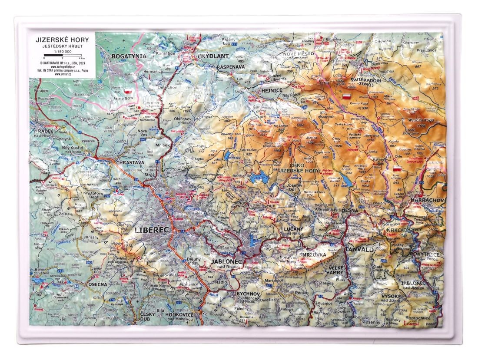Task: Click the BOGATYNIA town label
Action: [x=130, y=56]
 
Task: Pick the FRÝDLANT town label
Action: [x=212, y=56]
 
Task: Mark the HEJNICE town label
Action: [x=260, y=90]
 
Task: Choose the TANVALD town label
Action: [x=358, y=249]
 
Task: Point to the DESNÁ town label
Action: [x=350, y=210]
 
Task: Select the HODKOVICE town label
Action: [x=179, y=314]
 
